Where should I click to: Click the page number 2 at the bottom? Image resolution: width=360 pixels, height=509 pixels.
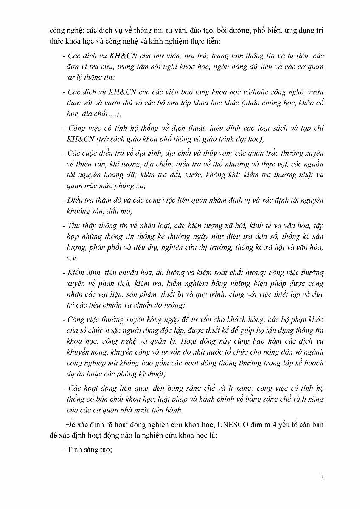[322, 477]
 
